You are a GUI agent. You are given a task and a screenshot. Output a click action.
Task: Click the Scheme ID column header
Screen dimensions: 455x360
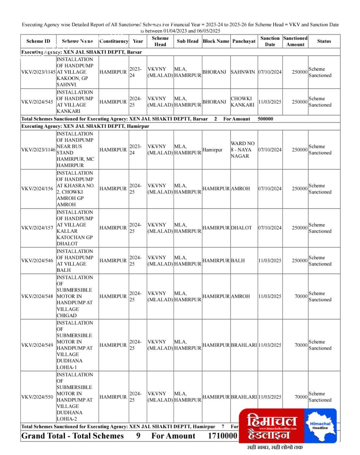coord(38,41)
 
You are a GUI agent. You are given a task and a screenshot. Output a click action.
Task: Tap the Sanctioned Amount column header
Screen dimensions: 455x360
coord(295,41)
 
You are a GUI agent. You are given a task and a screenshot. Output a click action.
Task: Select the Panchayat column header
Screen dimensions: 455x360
coord(244,41)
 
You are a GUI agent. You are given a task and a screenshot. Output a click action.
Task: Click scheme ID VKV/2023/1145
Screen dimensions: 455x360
coord(38,72)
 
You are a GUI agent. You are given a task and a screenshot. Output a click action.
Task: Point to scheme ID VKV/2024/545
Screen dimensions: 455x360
coord(37,102)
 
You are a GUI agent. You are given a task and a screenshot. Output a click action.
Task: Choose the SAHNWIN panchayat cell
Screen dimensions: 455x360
coord(243,72)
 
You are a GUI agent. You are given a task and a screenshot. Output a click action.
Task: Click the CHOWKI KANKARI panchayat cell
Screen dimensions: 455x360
coord(243,102)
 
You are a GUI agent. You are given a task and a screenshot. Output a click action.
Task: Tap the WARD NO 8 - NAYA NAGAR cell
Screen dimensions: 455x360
coord(243,149)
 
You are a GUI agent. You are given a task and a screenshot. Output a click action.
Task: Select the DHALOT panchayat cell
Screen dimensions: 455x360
coord(241,228)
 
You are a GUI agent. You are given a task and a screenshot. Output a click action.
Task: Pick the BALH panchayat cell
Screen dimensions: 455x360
coord(238,261)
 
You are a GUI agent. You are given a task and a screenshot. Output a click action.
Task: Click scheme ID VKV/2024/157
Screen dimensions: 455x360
coord(37,228)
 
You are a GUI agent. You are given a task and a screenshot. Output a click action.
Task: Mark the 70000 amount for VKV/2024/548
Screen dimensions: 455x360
coord(301,296)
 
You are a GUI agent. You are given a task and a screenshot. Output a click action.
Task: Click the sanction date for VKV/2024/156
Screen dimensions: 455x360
coord(270,188)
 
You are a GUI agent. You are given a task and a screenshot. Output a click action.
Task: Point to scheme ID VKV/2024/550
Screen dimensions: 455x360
coord(37,397)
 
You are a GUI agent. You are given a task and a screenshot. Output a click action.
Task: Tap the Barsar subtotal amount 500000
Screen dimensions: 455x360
coord(265,119)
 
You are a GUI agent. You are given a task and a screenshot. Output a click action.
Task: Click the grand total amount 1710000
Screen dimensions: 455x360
coord(222,436)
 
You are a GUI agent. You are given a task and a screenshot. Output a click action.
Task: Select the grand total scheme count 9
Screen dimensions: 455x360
coord(138,436)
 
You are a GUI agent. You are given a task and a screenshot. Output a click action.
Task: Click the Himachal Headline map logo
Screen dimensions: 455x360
coord(320,425)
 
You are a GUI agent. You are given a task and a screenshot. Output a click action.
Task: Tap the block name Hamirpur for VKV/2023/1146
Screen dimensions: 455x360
coord(212,149)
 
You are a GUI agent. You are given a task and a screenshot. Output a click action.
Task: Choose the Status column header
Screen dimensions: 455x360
coord(324,41)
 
